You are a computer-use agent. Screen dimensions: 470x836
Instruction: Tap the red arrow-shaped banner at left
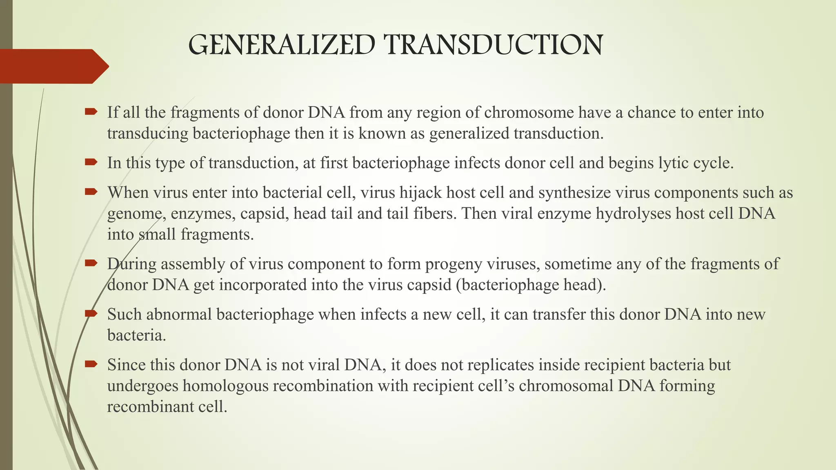53,66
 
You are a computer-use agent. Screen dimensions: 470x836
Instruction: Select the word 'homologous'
226,386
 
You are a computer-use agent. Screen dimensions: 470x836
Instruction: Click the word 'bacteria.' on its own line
137,335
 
